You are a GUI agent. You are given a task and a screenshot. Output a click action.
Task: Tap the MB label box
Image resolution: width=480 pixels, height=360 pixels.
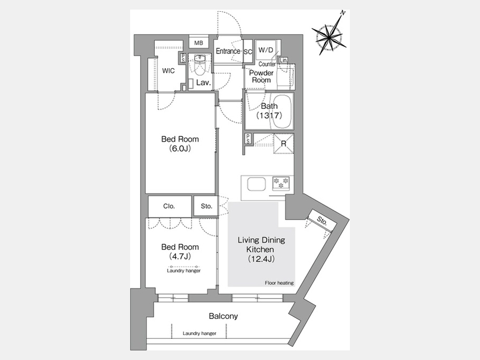point(198,43)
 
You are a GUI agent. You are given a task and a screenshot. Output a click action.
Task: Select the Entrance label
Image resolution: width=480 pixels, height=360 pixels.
point(228,51)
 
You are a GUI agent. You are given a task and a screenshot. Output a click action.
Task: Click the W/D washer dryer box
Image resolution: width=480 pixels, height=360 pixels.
point(266,51)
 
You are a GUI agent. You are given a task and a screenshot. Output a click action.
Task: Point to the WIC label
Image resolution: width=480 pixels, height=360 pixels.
point(169,70)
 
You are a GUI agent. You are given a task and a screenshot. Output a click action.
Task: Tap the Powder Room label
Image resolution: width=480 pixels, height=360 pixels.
point(261,76)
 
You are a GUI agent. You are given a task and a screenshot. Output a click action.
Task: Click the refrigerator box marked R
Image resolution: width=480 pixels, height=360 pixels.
point(284,143)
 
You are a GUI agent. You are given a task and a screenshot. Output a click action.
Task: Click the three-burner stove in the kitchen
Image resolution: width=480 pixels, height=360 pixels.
point(281,183)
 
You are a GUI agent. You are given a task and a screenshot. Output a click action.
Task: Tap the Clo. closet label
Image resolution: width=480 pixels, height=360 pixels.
point(169,205)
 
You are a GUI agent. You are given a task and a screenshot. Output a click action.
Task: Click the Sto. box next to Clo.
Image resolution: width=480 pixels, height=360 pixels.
point(206,205)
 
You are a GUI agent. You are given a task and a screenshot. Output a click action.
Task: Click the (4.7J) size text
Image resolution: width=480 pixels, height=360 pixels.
point(180,257)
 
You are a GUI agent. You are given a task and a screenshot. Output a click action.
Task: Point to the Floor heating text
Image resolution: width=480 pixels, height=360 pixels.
point(279,283)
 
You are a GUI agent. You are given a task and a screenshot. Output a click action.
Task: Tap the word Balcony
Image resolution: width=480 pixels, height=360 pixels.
point(223,316)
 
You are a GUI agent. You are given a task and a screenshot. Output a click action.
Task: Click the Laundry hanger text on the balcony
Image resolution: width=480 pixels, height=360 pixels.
point(199,333)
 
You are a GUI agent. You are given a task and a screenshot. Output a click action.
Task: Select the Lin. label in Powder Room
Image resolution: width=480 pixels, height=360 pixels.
point(284,60)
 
